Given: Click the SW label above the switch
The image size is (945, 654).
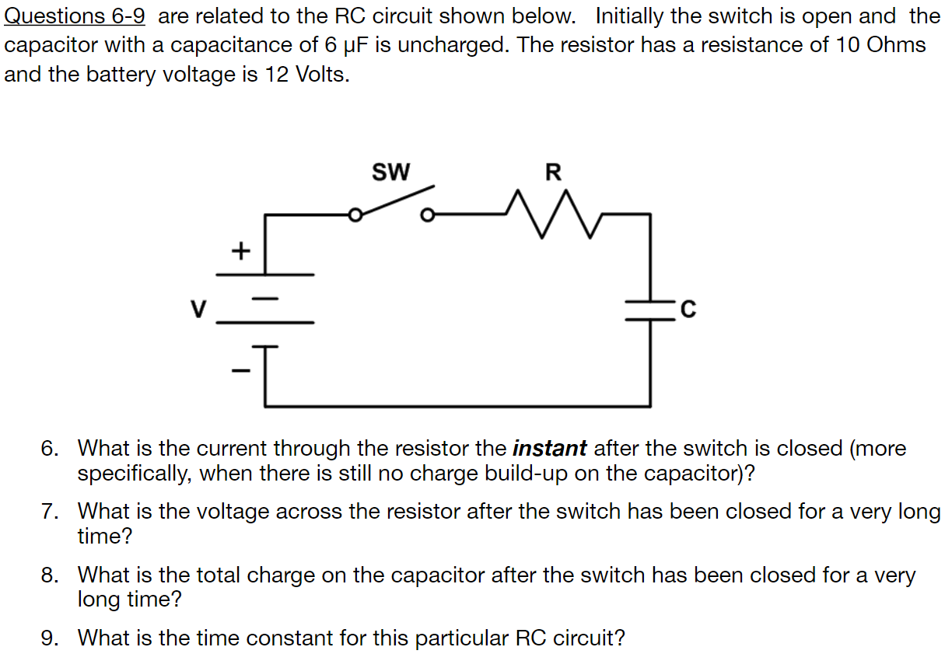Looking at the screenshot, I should point(390,171).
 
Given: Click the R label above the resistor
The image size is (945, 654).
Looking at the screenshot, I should point(553,171).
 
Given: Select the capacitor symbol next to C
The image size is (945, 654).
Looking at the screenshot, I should point(651,310).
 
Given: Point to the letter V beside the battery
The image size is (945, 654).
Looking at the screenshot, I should point(199,310).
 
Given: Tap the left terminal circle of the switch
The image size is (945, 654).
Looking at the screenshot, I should point(355,215).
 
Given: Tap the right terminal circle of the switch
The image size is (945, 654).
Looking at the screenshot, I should point(426,215).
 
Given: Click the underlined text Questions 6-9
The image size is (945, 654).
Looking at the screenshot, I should point(75,16).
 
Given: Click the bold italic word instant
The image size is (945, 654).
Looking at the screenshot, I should point(549,449).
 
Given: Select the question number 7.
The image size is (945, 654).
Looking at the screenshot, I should point(49,512).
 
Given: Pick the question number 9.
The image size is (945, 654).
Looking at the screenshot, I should point(49,638).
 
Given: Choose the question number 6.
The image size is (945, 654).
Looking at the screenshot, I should point(49,449).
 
